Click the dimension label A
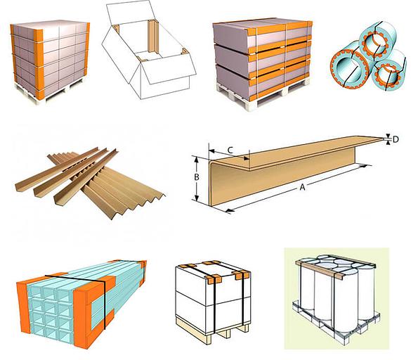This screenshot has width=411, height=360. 303,187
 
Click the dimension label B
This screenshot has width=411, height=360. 197,177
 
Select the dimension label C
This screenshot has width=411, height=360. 230,150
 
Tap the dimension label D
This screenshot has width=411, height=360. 396,139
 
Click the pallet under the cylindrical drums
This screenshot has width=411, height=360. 336,323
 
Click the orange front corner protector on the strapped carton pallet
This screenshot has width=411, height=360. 39,64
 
